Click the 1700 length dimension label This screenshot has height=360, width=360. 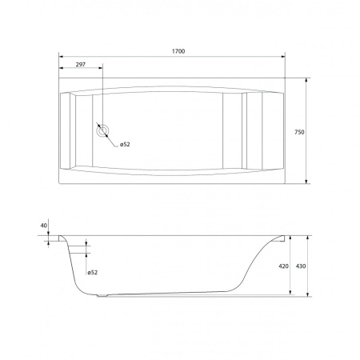tap(178, 51)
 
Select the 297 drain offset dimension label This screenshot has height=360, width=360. tap(81, 65)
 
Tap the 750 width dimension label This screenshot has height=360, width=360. tap(299, 132)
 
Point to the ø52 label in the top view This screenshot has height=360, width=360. tap(125, 144)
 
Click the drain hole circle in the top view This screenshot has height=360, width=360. tap(102, 130)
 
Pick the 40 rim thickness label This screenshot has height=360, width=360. tap(44, 226)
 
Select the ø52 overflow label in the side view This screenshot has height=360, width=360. tap(93, 272)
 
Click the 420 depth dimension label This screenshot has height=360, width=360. tap(283, 266)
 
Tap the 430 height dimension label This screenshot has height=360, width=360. tap(301, 266)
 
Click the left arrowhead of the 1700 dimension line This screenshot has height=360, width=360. tap(61, 57)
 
